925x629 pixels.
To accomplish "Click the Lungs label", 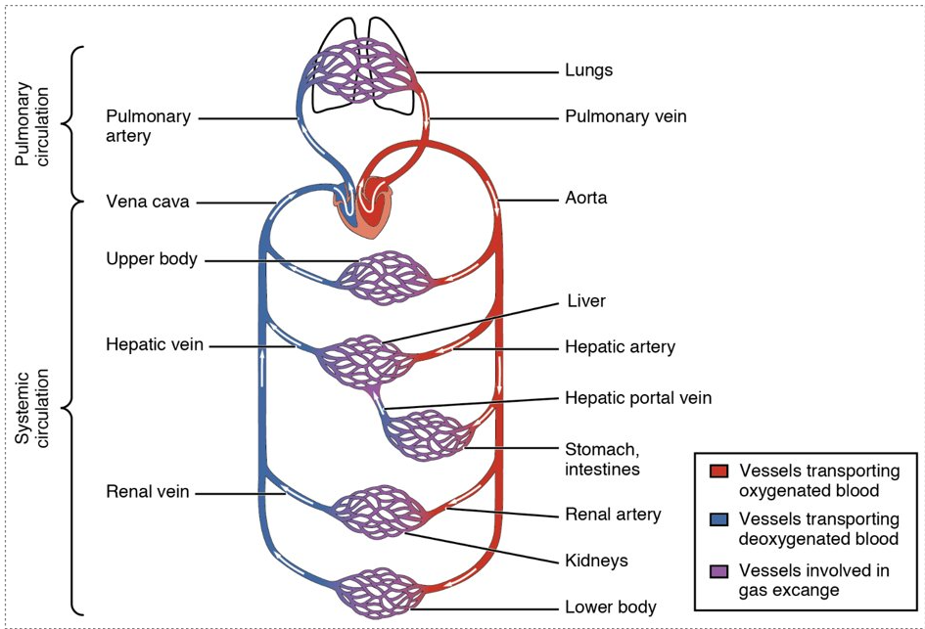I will pyautogui.click(x=588, y=71).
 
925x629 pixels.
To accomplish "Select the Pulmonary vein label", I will pyautogui.click(x=625, y=116).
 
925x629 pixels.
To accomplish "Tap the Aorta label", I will pyautogui.click(x=585, y=198).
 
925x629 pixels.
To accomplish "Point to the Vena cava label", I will pyautogui.click(x=147, y=202).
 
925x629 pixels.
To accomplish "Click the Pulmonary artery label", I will pyautogui.click(x=148, y=126).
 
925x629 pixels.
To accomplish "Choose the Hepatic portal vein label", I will pyautogui.click(x=637, y=398).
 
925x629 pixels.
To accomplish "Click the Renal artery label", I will pyautogui.click(x=613, y=514).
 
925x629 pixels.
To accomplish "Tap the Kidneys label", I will pyautogui.click(x=596, y=561).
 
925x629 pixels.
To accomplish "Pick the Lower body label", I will pyautogui.click(x=610, y=607).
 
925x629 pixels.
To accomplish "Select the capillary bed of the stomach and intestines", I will pyautogui.click(x=427, y=436).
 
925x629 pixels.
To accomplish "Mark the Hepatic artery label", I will pyautogui.click(x=620, y=347).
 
